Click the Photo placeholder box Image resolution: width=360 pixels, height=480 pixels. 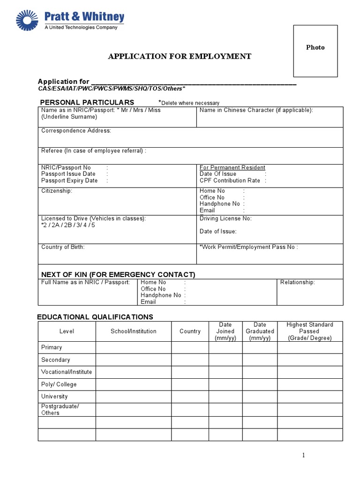pos(315,51)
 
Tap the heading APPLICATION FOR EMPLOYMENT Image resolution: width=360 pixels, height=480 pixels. pos(180,56)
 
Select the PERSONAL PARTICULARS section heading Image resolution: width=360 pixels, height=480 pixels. pos(87,102)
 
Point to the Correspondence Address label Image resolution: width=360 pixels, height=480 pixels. pos(76,131)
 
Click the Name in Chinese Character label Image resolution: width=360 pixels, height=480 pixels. pos(256,110)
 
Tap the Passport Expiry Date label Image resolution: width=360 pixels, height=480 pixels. pos(69,180)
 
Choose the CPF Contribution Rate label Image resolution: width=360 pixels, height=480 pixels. pos(230,180)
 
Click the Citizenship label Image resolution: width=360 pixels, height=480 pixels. pos(57,191)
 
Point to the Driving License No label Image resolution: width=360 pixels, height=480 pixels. pos(225,218)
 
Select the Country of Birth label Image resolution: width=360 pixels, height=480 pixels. pos(63,247)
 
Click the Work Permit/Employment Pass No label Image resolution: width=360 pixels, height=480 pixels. pos(248,247)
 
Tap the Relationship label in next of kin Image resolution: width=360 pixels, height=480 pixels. pos(298,282)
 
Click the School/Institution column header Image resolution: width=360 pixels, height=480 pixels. pos(134,331)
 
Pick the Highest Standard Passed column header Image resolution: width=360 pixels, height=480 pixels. pos(310,331)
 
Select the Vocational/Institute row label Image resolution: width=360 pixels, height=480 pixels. pos(67,372)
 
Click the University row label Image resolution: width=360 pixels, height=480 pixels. pos(54,396)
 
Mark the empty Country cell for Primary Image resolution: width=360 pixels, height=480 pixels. pos(190,347)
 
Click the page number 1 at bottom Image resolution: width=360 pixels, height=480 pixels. pos(304,455)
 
